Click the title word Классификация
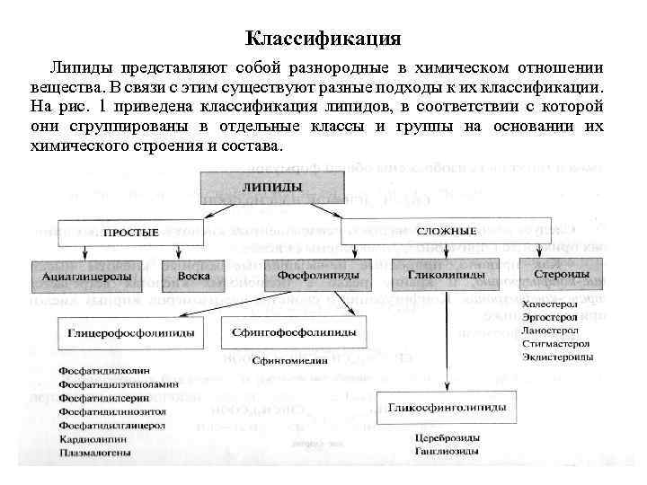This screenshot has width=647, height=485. (323, 40)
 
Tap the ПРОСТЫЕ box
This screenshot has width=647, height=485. (130, 233)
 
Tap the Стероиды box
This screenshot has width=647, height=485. (562, 273)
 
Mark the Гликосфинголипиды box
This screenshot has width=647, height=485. (447, 408)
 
